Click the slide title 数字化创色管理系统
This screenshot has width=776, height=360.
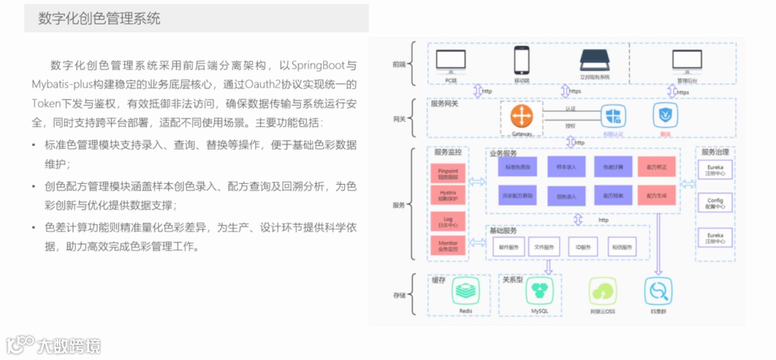pyautogui.click(x=99, y=19)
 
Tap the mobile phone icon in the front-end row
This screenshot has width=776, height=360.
pyautogui.click(x=522, y=60)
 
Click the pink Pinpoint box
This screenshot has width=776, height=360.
pyautogui.click(x=448, y=173)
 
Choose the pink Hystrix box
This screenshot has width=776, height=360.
pyautogui.click(x=448, y=195)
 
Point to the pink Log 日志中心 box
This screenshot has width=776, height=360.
pyautogui.click(x=448, y=221)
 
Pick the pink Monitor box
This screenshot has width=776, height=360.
pyautogui.click(x=448, y=246)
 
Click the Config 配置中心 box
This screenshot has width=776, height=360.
pyautogui.click(x=715, y=203)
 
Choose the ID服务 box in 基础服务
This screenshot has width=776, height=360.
pyautogui.click(x=583, y=247)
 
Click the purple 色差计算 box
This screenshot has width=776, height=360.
pyautogui.click(x=613, y=167)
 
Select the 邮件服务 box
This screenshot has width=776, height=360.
pyautogui.click(x=509, y=247)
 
